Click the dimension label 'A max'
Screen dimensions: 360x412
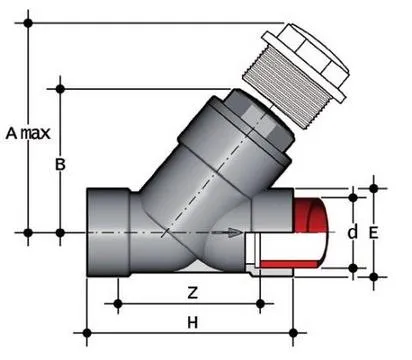click(x=29, y=131)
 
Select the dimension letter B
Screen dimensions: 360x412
click(x=59, y=165)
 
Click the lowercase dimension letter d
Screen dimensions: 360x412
click(x=352, y=231)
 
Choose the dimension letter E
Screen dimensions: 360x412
click(x=374, y=231)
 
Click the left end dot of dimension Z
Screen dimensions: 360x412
click(x=119, y=302)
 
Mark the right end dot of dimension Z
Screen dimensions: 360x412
click(x=260, y=302)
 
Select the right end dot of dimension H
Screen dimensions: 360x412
click(x=292, y=331)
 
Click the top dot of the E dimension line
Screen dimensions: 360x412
click(x=374, y=187)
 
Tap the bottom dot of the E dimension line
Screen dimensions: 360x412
click(x=374, y=277)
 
